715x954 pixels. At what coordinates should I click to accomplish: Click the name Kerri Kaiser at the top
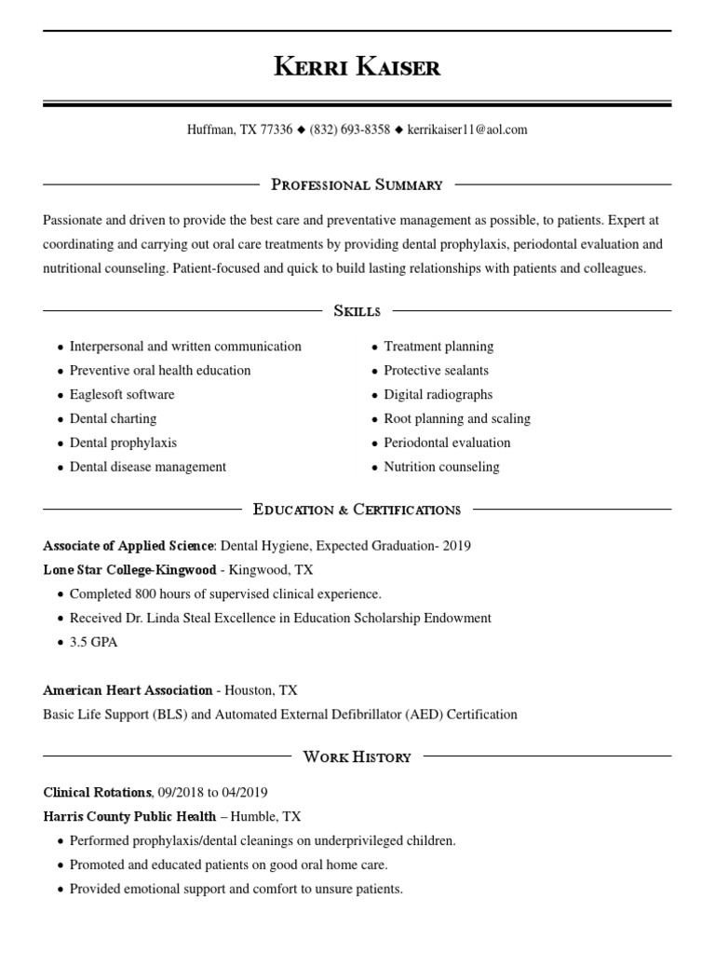pyautogui.click(x=357, y=67)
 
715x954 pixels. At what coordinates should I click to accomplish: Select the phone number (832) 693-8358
pyautogui.click(x=349, y=129)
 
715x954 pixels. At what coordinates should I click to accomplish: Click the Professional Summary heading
pyautogui.click(x=357, y=184)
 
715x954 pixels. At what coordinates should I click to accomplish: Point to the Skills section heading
pyautogui.click(x=357, y=311)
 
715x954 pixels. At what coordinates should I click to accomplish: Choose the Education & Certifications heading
pyautogui.click(x=357, y=510)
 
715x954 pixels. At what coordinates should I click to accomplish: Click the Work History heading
pyautogui.click(x=357, y=757)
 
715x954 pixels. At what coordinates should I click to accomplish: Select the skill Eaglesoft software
pyautogui.click(x=122, y=394)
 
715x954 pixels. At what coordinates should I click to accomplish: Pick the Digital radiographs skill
pyautogui.click(x=438, y=394)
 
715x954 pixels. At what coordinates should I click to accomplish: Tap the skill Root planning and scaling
pyautogui.click(x=457, y=418)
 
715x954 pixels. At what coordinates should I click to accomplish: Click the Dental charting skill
pyautogui.click(x=113, y=418)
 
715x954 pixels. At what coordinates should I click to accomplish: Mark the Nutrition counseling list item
pyautogui.click(x=441, y=467)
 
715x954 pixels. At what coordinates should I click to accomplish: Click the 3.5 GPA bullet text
pyautogui.click(x=93, y=642)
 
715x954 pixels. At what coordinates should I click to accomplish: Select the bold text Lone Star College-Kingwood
pyautogui.click(x=129, y=569)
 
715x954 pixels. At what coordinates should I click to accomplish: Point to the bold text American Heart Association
pyautogui.click(x=128, y=690)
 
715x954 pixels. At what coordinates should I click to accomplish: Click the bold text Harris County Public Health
pyautogui.click(x=129, y=816)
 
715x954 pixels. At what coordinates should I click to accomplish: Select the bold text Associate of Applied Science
pyautogui.click(x=128, y=545)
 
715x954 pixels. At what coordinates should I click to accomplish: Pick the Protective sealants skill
pyautogui.click(x=436, y=370)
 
